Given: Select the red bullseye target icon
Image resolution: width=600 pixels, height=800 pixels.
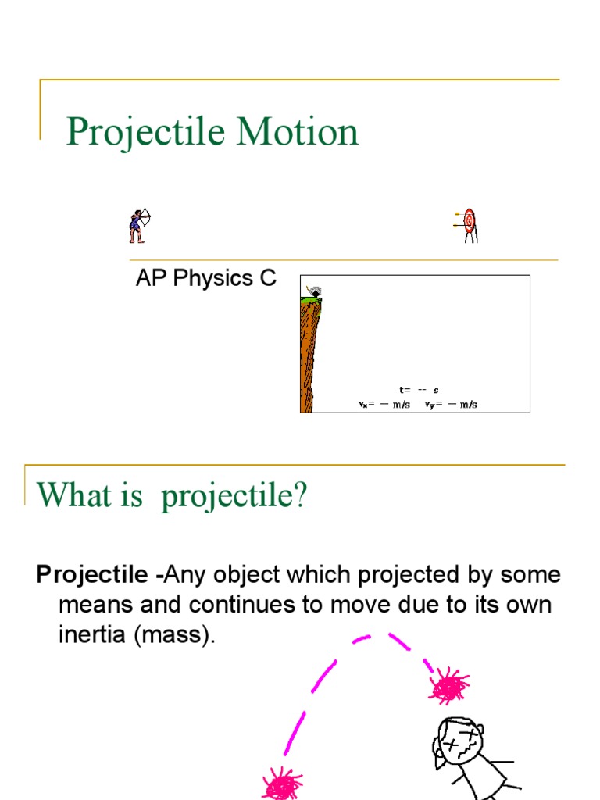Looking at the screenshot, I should [469, 222].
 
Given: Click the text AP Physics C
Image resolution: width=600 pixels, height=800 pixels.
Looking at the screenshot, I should [205, 279].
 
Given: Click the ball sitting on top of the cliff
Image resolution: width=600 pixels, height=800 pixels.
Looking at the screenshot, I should [316, 293].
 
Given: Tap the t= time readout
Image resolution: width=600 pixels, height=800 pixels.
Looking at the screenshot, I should [418, 389].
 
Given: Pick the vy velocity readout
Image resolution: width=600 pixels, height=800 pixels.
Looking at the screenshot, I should [451, 405].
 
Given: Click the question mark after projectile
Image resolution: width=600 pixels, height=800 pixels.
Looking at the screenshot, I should [301, 495].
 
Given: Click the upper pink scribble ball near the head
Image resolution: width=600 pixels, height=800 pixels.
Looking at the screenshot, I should [449, 687].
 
